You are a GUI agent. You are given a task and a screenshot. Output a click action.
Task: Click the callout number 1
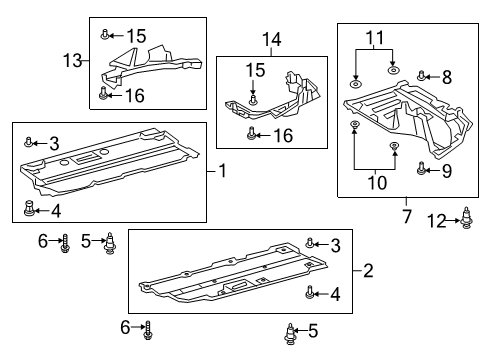point(221,171)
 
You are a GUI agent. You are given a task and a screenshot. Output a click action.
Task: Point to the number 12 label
point(438,219)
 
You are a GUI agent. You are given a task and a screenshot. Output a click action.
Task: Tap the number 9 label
point(447,170)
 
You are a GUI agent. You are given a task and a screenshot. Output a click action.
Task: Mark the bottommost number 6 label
point(125,326)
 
